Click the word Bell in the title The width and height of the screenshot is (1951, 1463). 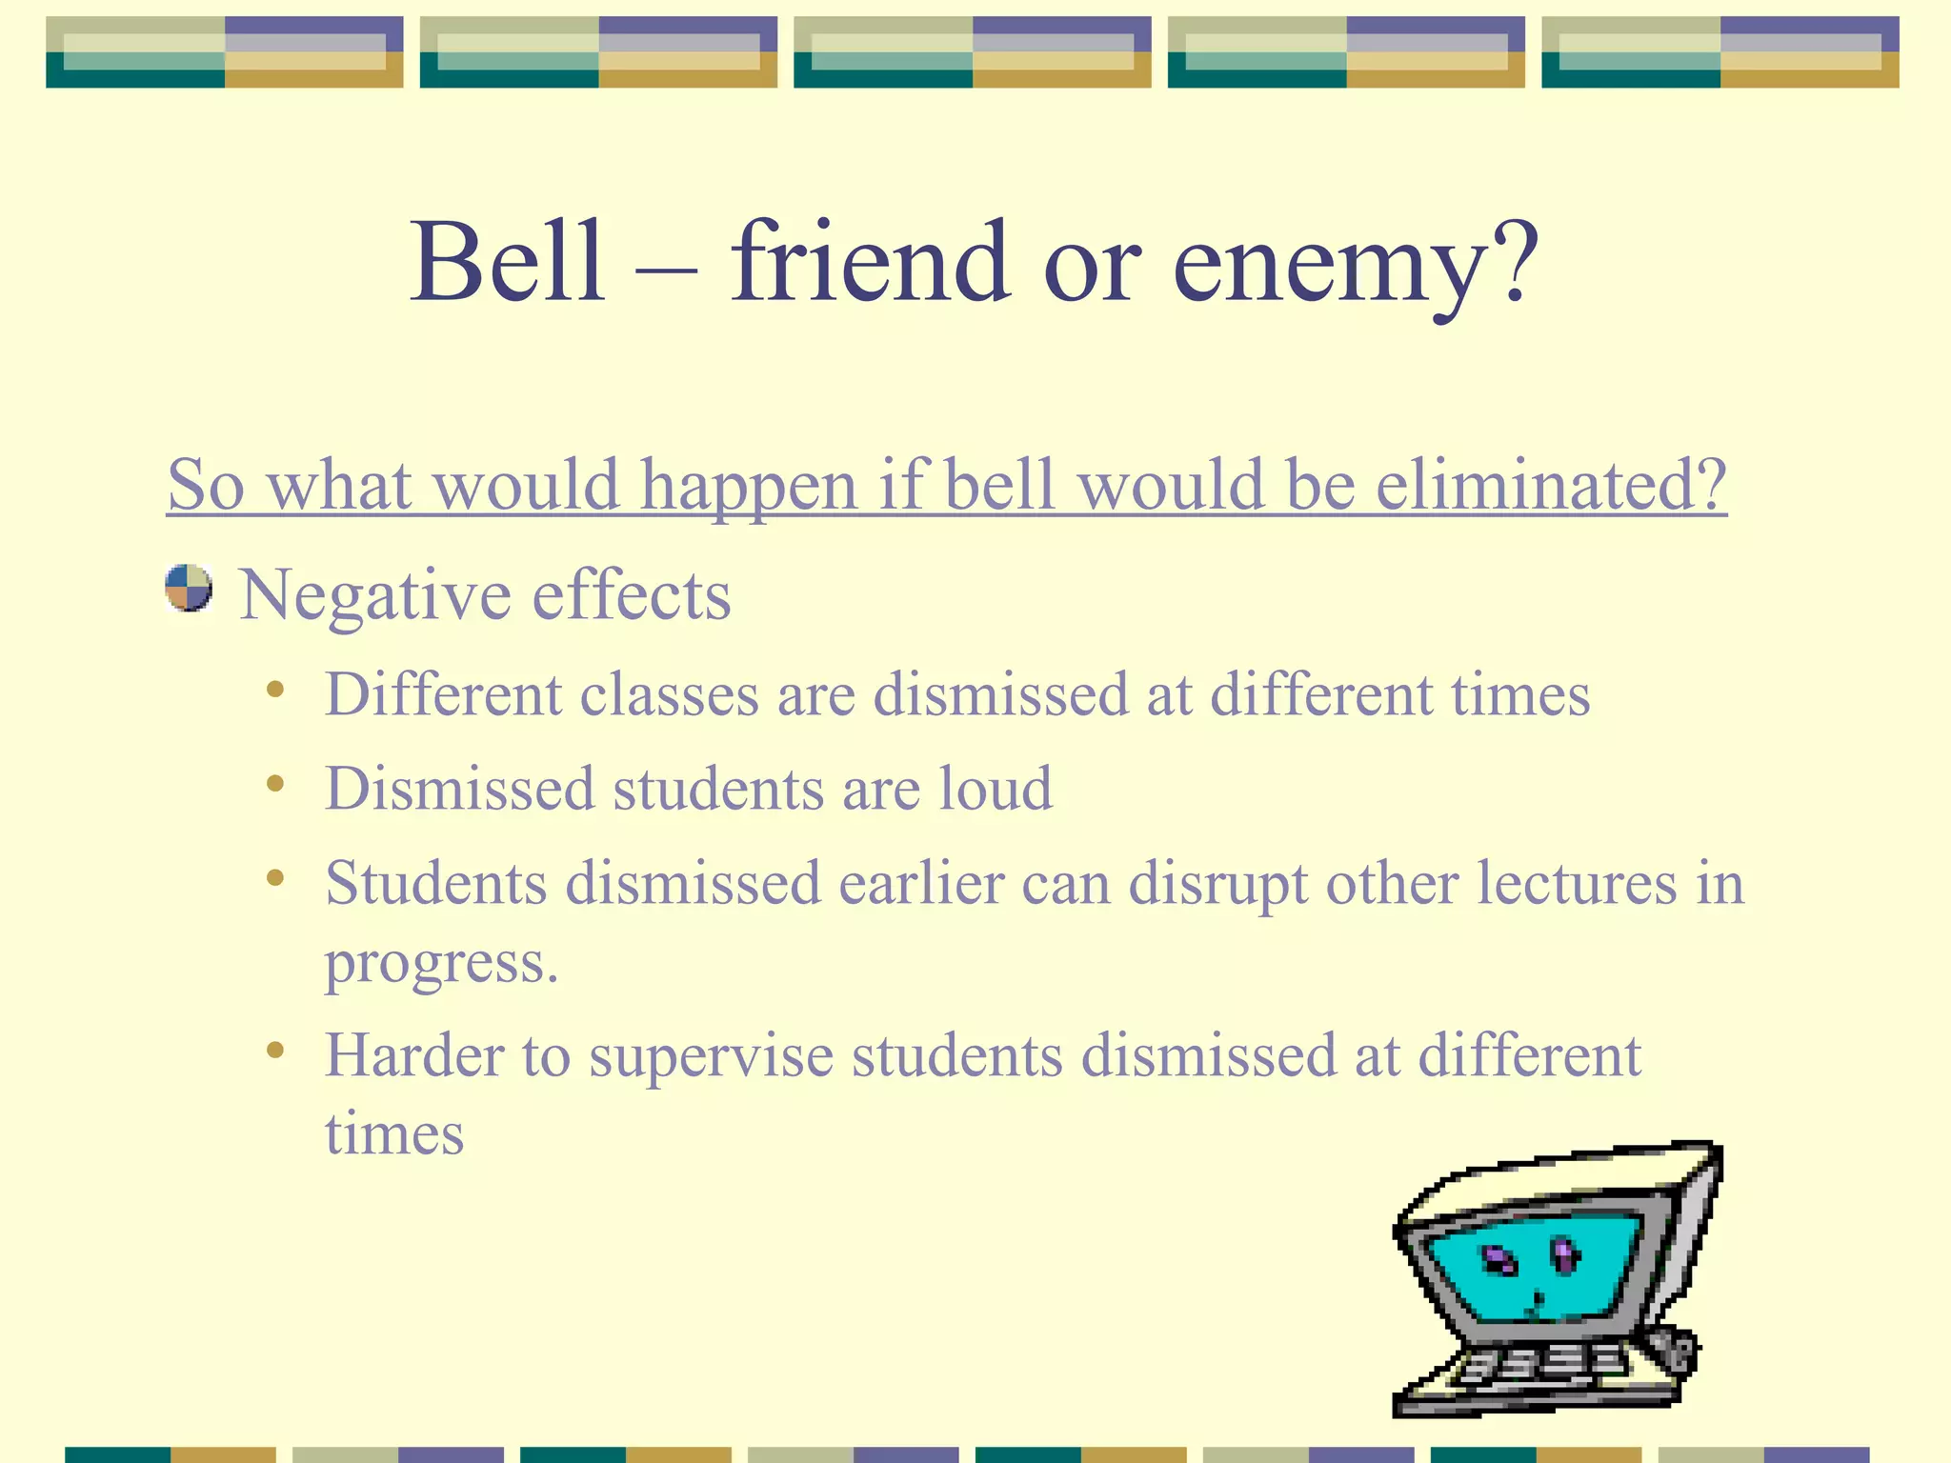pos(508,262)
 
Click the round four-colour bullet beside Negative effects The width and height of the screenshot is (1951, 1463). pos(189,588)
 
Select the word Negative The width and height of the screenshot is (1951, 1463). pos(375,596)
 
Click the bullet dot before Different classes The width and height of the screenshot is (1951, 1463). pos(275,689)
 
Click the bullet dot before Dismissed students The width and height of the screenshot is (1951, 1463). pos(275,784)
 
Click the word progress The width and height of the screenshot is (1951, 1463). pos(440,964)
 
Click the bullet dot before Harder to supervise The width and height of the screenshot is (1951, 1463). pos(275,1051)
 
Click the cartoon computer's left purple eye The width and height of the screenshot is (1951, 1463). pos(1501,1262)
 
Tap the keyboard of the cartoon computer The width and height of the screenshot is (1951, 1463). pos(1543,1367)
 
